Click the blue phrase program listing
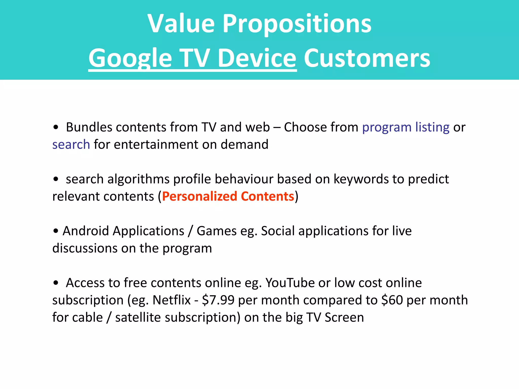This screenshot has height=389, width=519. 406,127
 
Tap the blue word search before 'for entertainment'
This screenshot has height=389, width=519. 71,145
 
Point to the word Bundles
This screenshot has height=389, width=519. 89,127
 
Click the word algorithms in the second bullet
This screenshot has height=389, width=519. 138,179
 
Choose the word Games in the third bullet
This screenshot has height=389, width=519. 216,231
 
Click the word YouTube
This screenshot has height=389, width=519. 290,283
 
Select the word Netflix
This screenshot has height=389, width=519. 171,300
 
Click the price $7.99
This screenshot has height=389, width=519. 218,300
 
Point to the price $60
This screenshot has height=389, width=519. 392,300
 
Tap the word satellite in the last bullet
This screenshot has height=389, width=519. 138,317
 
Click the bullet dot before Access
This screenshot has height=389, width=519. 56,283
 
